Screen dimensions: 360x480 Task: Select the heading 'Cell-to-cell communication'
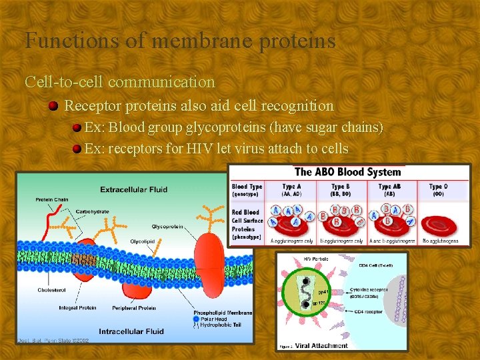(120, 82)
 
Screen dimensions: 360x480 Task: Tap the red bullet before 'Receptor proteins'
(53, 106)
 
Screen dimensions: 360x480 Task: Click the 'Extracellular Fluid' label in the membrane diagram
(134, 189)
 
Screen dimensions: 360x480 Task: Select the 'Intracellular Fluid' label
(132, 331)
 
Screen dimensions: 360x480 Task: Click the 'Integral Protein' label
(79, 308)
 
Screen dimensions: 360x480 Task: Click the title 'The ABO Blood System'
(347, 172)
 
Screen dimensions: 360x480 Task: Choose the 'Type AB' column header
(389, 187)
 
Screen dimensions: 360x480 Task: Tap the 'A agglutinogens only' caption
(290, 241)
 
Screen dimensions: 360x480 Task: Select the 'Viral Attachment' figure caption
(322, 345)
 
